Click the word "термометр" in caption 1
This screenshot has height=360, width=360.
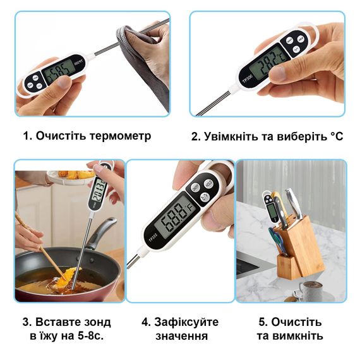[120, 136]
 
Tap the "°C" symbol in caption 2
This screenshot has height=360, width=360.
[337, 136]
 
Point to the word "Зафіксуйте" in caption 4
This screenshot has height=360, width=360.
[186, 322]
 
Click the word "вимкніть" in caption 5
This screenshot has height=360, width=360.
[301, 336]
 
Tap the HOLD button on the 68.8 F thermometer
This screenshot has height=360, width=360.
[208, 183]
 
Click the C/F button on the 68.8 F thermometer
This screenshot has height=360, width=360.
[205, 196]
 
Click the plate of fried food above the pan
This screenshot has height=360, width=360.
[71, 176]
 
